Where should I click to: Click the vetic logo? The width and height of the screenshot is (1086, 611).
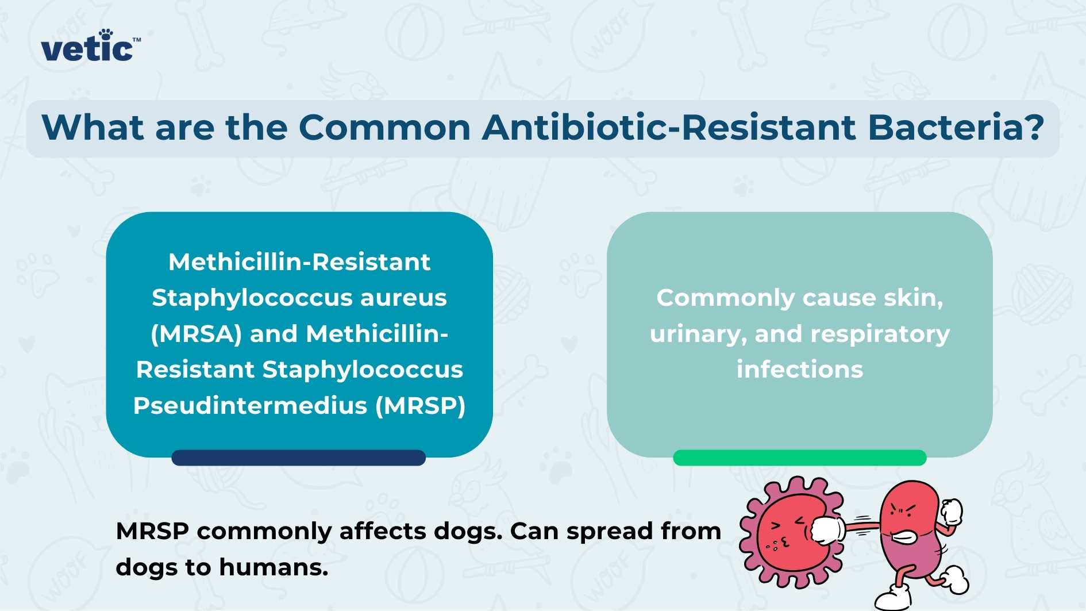[x=89, y=47]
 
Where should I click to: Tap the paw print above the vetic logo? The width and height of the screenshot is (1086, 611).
[x=105, y=34]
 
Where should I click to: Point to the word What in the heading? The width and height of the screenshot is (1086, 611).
[x=92, y=127]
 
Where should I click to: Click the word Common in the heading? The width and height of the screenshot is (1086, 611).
[x=384, y=127]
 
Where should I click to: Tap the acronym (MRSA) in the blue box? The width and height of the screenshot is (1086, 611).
[x=196, y=334]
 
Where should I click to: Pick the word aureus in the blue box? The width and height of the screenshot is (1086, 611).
[x=403, y=298]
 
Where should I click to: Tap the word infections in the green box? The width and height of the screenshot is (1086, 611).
[x=799, y=370]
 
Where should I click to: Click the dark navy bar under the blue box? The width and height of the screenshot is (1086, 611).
[x=298, y=458]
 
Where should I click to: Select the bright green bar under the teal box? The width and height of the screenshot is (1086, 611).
[x=799, y=458]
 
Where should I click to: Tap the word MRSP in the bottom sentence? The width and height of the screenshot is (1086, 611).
[x=152, y=531]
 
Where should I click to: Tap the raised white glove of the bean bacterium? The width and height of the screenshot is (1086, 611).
[x=952, y=511]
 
